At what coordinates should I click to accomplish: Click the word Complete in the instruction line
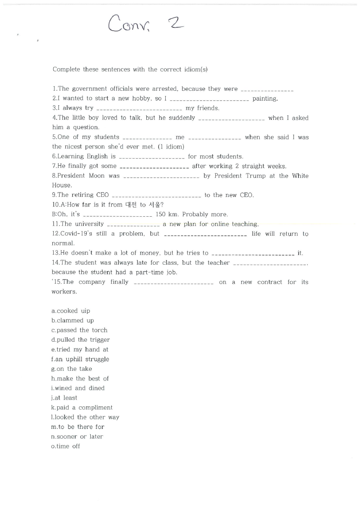point(66,69)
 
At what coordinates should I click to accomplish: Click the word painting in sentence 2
point(265,98)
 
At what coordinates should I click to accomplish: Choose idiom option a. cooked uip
point(71,311)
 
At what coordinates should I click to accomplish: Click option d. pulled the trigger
point(81,340)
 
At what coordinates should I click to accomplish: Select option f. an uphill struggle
point(80,359)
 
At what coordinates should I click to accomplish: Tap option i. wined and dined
point(78,388)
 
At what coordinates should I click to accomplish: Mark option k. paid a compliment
point(82,408)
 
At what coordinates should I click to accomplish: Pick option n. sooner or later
point(77,437)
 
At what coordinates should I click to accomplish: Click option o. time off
point(66,446)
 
